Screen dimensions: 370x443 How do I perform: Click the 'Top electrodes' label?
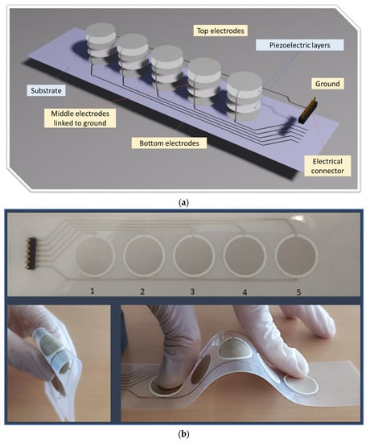click(220, 31)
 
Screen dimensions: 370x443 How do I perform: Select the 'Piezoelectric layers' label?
click(300, 45)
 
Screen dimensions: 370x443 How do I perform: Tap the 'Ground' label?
click(327, 84)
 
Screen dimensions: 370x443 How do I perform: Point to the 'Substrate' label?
click(46, 91)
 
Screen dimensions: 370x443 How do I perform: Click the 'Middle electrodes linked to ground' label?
click(80, 118)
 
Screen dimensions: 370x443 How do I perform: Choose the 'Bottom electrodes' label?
click(169, 143)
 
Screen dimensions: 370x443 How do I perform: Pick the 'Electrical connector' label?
click(327, 166)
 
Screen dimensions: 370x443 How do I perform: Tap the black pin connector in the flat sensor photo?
click(31, 253)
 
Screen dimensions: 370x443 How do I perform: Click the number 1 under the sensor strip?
click(92, 291)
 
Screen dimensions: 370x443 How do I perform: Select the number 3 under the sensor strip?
click(192, 292)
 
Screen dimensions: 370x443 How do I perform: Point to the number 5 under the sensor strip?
click(299, 292)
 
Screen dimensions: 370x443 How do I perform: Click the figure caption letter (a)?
click(183, 202)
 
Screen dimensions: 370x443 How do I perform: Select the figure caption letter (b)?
click(183, 433)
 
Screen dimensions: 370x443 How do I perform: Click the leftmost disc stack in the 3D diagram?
click(101, 43)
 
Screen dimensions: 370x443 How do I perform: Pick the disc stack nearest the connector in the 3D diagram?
click(245, 96)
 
